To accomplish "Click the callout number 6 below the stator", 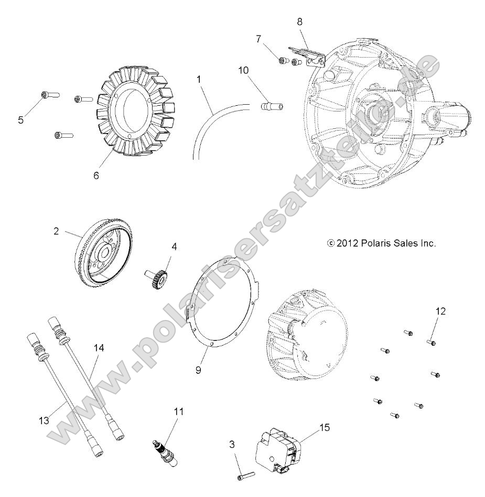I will [96, 176].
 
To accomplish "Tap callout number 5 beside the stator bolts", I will [20, 120].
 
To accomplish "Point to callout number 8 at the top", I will [299, 22].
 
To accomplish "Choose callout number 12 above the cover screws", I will [440, 311].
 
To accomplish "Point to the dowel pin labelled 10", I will [272, 107].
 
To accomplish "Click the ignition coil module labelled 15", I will [276, 450].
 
